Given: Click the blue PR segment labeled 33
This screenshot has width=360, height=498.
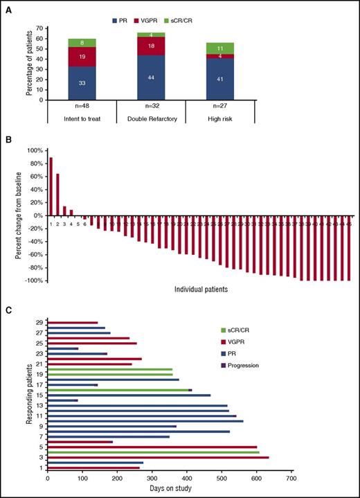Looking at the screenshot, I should (x=82, y=83).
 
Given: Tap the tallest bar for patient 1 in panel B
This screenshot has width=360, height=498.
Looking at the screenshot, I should (x=51, y=188).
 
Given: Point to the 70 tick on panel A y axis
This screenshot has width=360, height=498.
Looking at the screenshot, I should (x=39, y=28).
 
